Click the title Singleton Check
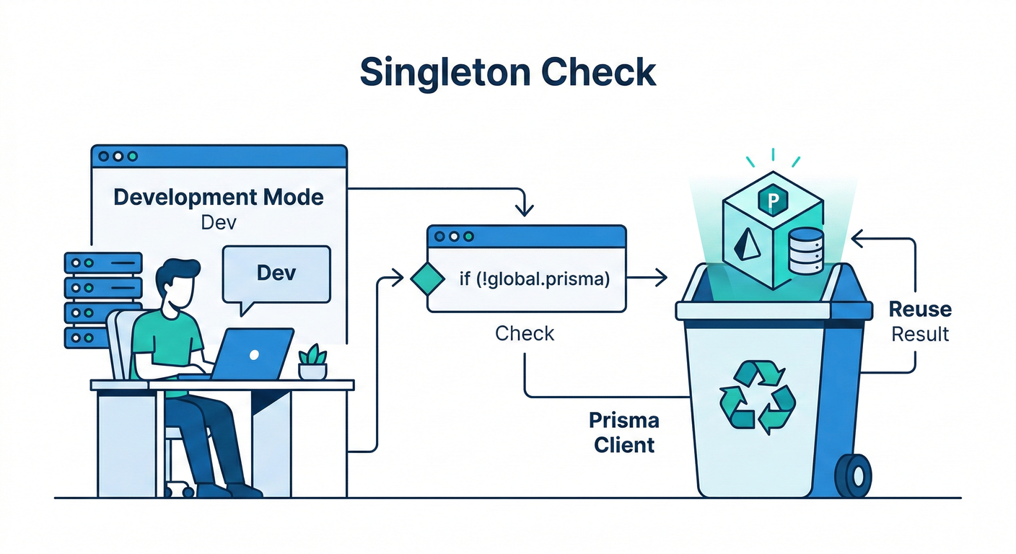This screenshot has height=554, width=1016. (x=507, y=72)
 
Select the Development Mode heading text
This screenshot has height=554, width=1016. (x=219, y=197)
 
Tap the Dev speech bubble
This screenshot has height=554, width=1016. (x=276, y=273)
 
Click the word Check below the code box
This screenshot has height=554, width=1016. (x=525, y=333)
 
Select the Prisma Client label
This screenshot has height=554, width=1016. (x=624, y=432)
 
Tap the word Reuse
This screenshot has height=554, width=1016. (x=920, y=309)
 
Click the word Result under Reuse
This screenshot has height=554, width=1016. (x=920, y=335)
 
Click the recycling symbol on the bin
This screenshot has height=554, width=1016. (x=757, y=396)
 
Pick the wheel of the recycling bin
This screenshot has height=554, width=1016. (x=854, y=475)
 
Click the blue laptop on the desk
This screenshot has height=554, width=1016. (x=255, y=354)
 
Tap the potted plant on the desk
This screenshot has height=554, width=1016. (x=312, y=362)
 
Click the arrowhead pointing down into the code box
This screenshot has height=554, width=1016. (x=525, y=210)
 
